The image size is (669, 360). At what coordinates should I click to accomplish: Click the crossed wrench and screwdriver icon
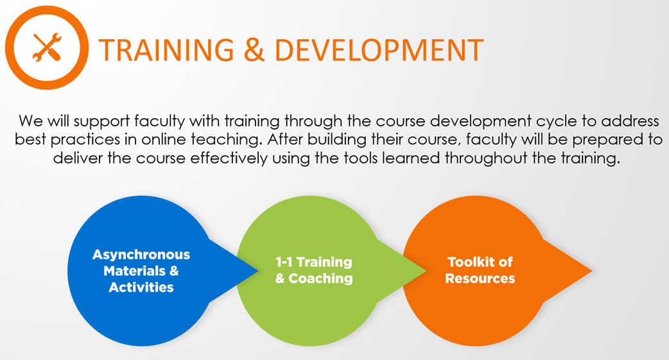click(47, 47)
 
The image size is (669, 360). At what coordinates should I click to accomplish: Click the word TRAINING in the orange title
click(166, 50)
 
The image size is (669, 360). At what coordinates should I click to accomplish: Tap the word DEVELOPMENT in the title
click(379, 50)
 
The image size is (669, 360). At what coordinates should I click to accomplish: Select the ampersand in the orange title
click(254, 50)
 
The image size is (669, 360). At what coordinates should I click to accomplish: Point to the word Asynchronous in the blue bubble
click(141, 255)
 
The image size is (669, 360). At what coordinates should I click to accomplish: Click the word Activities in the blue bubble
click(141, 287)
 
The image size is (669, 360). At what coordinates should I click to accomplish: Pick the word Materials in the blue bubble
click(134, 271)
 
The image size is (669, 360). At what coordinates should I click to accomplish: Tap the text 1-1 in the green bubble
click(284, 262)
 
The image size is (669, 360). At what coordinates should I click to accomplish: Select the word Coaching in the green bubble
click(320, 279)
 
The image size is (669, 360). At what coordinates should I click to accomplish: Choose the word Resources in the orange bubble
click(480, 279)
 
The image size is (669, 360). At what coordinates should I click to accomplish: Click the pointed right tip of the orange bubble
click(592, 270)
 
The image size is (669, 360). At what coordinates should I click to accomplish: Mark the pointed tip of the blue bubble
click(258, 270)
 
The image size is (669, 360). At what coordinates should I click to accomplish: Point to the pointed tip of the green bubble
click(426, 270)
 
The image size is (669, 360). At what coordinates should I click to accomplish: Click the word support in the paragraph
click(101, 121)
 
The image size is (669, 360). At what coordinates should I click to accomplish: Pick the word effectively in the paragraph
click(229, 159)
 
